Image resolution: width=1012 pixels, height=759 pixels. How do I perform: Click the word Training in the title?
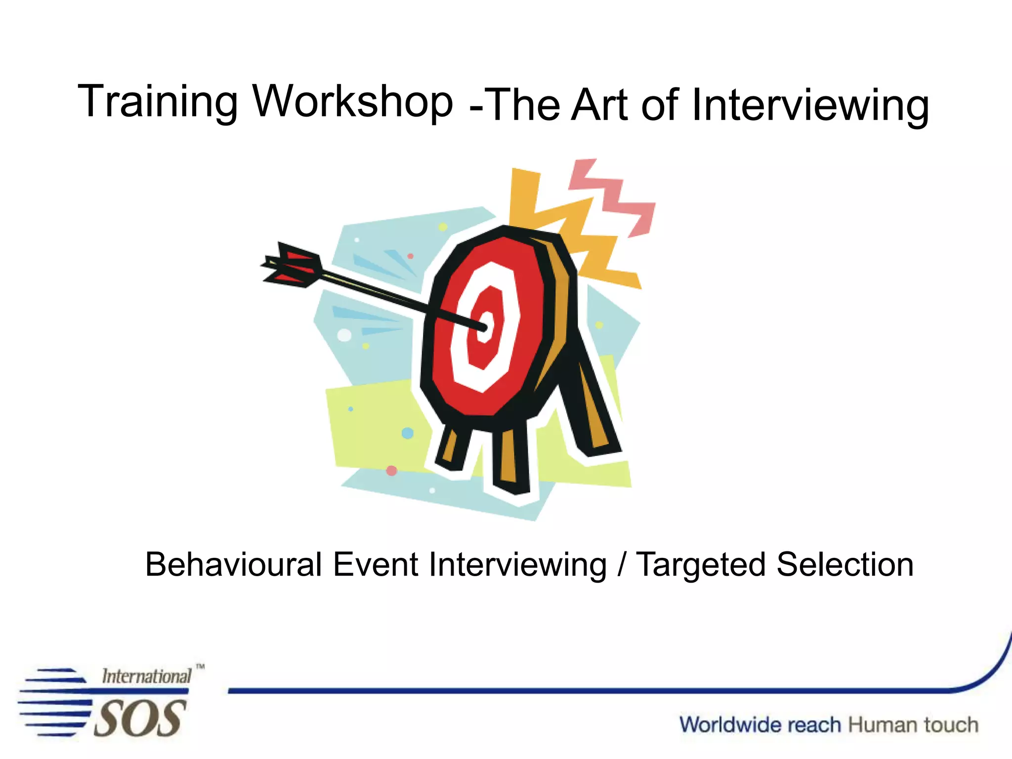(x=158, y=102)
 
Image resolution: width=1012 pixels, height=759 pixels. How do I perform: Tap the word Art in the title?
(x=599, y=105)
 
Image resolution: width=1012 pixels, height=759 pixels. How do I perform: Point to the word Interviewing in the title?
(x=810, y=106)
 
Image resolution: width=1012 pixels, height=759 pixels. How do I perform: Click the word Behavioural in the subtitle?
(x=233, y=565)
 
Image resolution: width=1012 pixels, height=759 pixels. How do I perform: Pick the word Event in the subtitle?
(x=376, y=565)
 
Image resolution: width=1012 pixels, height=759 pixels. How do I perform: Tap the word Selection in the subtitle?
(x=845, y=565)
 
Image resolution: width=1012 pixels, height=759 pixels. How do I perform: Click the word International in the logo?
(x=146, y=676)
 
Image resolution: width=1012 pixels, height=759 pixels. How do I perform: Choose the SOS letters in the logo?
(x=140, y=718)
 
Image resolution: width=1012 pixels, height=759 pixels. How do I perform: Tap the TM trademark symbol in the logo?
(x=200, y=667)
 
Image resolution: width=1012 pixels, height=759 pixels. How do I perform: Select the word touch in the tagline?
(x=951, y=725)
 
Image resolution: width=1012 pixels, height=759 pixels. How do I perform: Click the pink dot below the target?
(x=391, y=470)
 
